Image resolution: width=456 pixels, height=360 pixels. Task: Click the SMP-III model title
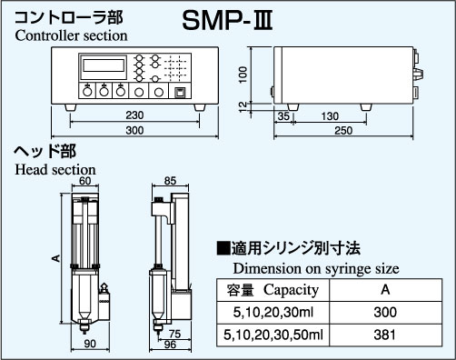coord(227,21)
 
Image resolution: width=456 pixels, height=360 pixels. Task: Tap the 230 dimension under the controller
coord(134,115)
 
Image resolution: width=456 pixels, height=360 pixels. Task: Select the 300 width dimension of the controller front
coord(134,130)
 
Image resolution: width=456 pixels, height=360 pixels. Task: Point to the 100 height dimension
coord(243,75)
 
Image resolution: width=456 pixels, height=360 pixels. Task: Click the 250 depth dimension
coord(343,131)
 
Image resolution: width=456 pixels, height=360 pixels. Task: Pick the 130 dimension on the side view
coord(330,116)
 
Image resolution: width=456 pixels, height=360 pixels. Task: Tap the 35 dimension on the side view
coord(283,116)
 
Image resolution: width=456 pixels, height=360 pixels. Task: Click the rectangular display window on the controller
coord(104,65)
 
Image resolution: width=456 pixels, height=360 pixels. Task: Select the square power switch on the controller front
coord(181,93)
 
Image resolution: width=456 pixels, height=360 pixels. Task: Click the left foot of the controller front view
coord(71,107)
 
